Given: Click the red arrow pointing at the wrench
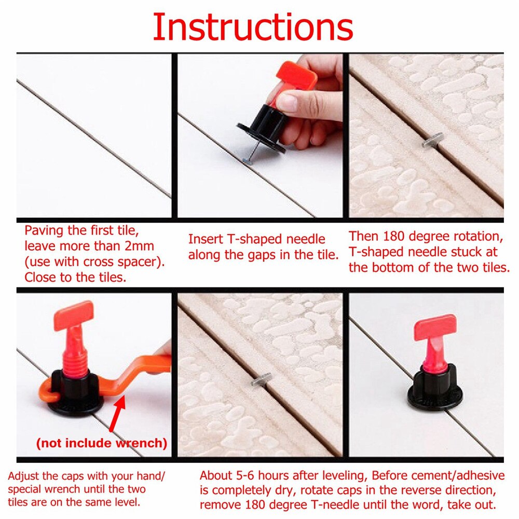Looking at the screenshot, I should (118, 415).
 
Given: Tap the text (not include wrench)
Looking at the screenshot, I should (102, 443).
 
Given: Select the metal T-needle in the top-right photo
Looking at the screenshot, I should (431, 141).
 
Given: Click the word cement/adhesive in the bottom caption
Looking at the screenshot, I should (454, 475).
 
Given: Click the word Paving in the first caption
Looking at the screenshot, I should (43, 230).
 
